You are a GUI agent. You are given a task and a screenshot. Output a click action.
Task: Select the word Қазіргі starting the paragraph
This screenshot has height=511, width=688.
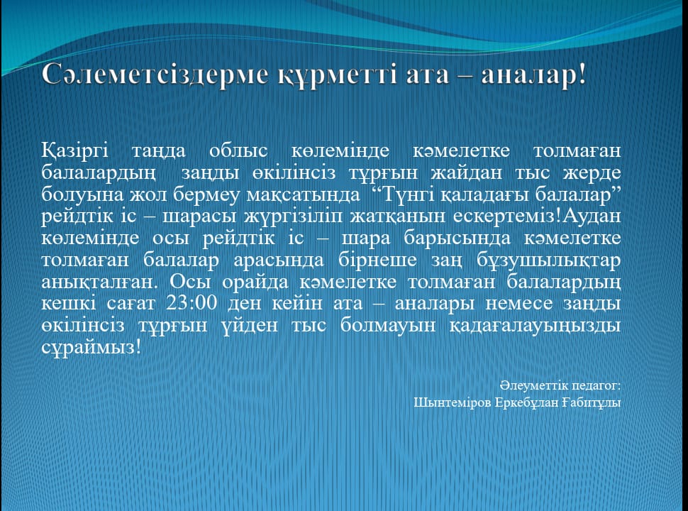click(x=75, y=151)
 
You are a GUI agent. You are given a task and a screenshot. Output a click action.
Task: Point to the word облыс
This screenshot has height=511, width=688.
click(x=238, y=150)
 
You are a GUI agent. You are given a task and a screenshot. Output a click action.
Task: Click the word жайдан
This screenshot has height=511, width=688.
click(x=466, y=172)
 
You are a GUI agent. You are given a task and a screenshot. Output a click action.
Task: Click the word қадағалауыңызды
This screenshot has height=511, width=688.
click(x=535, y=326)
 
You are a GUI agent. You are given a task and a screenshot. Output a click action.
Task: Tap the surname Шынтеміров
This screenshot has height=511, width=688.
click(x=452, y=402)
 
